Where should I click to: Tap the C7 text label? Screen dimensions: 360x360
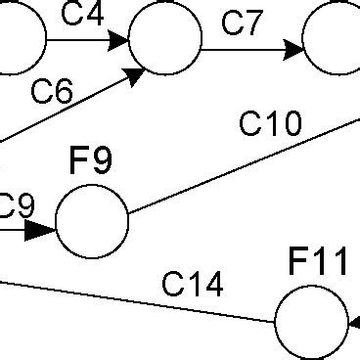click(x=244, y=22)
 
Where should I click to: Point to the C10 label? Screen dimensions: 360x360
click(x=271, y=124)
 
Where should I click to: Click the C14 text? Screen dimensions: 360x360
click(x=193, y=285)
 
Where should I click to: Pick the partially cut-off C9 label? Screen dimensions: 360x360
click(x=17, y=205)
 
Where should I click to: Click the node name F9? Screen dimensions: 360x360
click(x=91, y=161)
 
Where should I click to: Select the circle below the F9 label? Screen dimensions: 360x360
click(x=92, y=222)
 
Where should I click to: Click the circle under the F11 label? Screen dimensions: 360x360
click(x=311, y=323)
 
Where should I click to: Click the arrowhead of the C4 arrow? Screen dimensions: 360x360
click(x=118, y=40)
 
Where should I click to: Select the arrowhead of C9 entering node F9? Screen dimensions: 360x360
click(x=41, y=230)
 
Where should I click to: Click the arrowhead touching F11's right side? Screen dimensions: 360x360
click(x=354, y=322)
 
